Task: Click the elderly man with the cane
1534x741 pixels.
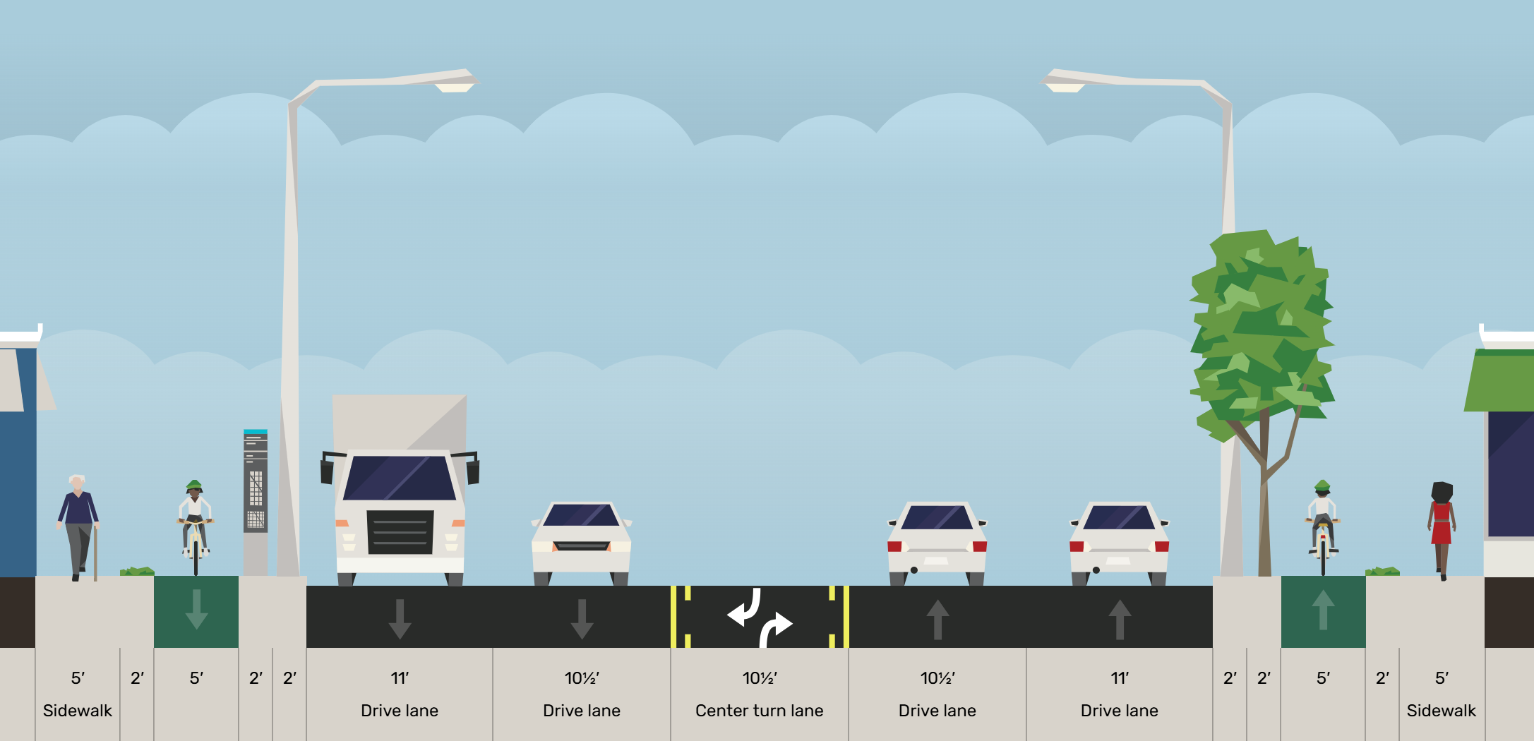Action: pos(78,526)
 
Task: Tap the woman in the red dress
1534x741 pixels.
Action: pos(1441,529)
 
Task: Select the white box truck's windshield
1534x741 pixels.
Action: pos(399,478)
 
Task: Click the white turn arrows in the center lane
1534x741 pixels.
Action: pos(760,617)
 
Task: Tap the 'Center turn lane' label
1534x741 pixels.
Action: pos(759,711)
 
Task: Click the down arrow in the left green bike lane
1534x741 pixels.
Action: pos(196,609)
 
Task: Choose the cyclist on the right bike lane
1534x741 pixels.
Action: pos(1322,526)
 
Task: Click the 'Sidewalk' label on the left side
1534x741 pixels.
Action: pos(78,711)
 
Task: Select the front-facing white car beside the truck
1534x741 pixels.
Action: pos(581,542)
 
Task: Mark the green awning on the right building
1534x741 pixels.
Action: pos(1500,381)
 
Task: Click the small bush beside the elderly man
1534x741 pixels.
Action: pos(137,571)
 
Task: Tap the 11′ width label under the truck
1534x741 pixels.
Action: pos(400,678)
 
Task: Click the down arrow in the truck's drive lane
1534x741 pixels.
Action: pos(400,618)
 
